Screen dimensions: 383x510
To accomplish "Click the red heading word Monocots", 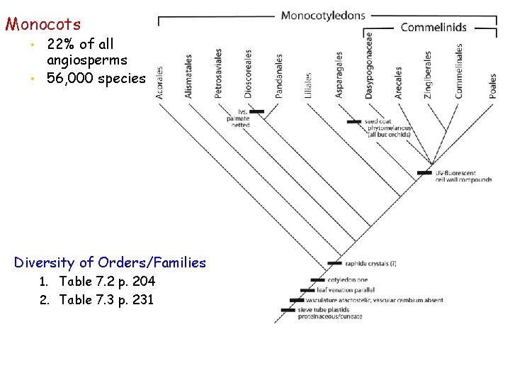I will point(43,25).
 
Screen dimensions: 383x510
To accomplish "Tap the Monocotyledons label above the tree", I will point(323,15).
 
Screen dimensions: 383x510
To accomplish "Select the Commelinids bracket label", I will point(433,27).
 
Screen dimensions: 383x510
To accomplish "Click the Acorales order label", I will point(160,83).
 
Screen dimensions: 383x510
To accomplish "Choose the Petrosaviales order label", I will point(219,74).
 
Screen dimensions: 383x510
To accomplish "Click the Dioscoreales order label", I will point(248,74).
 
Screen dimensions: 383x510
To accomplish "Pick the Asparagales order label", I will point(339,75).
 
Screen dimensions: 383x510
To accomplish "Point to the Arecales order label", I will point(399,82).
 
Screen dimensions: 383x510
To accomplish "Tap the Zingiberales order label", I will point(428,74).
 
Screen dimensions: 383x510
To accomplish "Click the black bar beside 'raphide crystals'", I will point(335,264).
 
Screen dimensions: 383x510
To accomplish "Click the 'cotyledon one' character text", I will point(342,280).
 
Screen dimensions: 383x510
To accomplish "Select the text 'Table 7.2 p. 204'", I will point(107,282).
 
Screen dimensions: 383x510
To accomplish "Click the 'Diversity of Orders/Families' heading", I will point(110,263).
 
